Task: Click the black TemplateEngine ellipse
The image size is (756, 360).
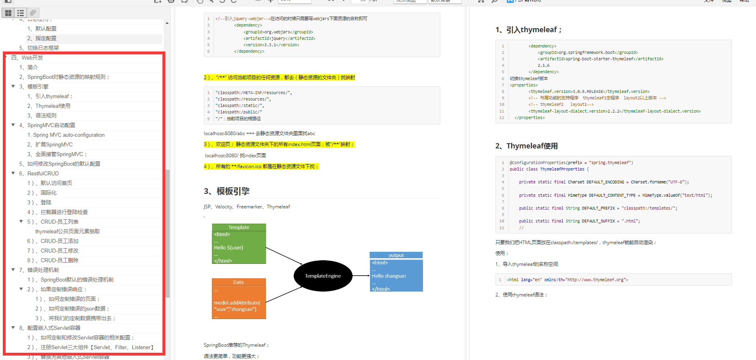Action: (x=323, y=276)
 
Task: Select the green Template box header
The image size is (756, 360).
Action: (x=239, y=227)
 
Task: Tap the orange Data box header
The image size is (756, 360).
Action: (x=238, y=282)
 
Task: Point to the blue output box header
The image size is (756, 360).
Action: (x=396, y=255)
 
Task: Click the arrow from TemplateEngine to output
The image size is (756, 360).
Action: (x=361, y=276)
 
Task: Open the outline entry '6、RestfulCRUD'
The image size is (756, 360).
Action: (x=43, y=173)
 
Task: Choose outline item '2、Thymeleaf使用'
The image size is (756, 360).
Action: (x=53, y=106)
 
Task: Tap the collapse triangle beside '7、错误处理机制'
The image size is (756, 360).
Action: (x=13, y=270)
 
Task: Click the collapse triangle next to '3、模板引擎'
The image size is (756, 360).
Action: (x=13, y=86)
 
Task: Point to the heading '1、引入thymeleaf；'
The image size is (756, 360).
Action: (x=528, y=30)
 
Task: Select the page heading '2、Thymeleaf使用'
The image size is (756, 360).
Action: (x=526, y=146)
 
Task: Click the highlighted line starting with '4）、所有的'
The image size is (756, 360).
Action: (x=261, y=166)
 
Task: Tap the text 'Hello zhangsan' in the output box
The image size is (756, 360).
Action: (x=389, y=276)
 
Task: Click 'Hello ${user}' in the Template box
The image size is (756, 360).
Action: (x=228, y=248)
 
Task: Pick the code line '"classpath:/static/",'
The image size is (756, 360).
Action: (x=239, y=105)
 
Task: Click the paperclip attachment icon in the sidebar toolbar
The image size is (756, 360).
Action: (x=33, y=13)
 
